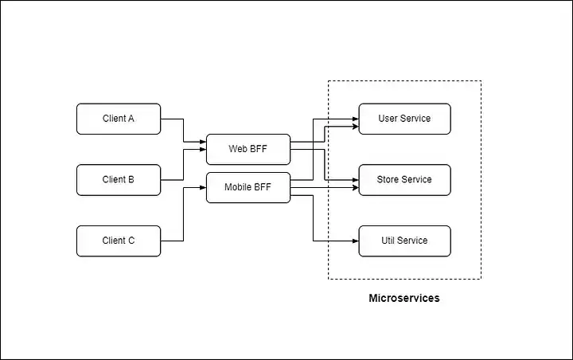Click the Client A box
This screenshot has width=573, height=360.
tap(119, 119)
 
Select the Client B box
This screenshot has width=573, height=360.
tap(119, 180)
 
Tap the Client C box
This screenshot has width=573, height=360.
tap(119, 241)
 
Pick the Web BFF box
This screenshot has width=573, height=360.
tap(248, 149)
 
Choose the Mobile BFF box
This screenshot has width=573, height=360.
tap(248, 188)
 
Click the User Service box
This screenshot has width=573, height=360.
tap(404, 119)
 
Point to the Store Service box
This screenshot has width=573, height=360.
tap(404, 180)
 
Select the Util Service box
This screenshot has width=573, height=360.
tap(404, 241)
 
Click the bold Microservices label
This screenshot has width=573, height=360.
tap(404, 298)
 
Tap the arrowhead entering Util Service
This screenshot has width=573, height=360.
tap(356, 241)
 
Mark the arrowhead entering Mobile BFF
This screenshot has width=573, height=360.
tap(203, 188)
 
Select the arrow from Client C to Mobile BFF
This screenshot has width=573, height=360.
tap(183, 214)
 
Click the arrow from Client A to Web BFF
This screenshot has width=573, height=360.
tap(183, 131)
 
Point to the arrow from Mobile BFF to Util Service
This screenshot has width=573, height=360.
tap(314, 218)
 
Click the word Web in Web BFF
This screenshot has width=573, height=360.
tap(237, 149)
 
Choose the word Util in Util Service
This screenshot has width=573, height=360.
tap(388, 241)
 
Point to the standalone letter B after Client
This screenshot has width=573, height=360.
tap(131, 179)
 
